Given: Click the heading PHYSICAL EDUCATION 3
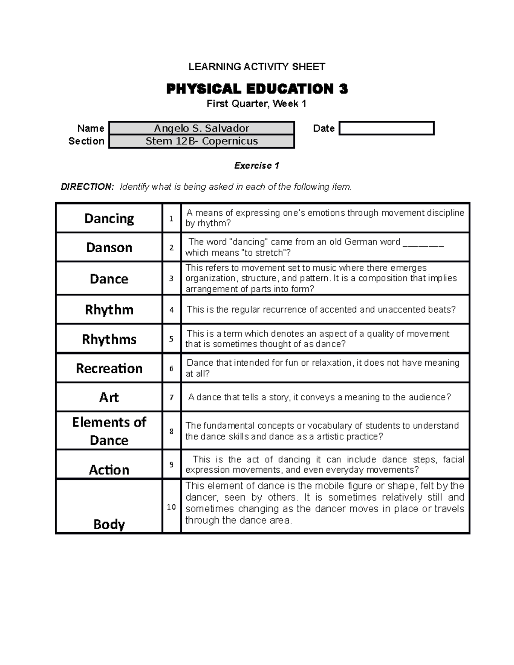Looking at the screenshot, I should click(x=257, y=89).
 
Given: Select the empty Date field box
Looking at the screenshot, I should click(x=386, y=128).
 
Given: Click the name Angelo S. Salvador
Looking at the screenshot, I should click(x=201, y=128).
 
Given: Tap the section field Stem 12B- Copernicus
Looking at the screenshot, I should click(x=201, y=141).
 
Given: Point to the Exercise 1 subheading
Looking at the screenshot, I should click(x=257, y=166).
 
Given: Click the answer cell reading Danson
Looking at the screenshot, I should click(x=109, y=248).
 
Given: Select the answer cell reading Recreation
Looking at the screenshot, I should click(x=109, y=368).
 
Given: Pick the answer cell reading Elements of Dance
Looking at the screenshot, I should click(x=109, y=431).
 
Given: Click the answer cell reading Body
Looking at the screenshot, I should click(x=109, y=524).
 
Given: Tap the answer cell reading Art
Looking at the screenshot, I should click(x=109, y=397).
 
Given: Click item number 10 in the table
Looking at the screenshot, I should click(x=171, y=507).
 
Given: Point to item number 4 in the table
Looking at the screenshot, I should click(x=171, y=310).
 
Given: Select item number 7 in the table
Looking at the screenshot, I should click(x=171, y=397).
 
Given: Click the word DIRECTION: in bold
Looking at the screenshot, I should click(x=87, y=187).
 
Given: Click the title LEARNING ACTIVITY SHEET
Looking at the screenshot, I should click(x=257, y=66).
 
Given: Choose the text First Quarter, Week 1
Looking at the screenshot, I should click(x=257, y=104).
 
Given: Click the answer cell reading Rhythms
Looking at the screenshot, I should click(x=109, y=339).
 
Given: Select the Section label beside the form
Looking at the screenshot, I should click(x=87, y=141).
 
